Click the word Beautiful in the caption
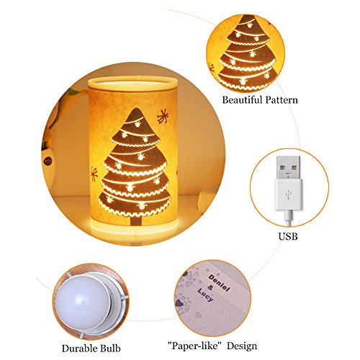coord(242,100)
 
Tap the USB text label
coord(288,236)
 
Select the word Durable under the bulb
coord(77,348)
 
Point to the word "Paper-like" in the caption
coord(194,346)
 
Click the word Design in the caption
coord(242,346)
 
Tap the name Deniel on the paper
coord(219,283)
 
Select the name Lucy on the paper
coord(205,294)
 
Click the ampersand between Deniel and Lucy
coord(210,288)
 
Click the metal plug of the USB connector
coord(288,168)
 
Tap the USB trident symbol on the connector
coord(288,194)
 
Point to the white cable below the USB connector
coord(288,217)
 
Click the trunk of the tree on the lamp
coord(136,220)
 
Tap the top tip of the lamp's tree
coord(136,109)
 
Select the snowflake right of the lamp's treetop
coord(163,117)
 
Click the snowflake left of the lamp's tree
coord(94,174)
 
